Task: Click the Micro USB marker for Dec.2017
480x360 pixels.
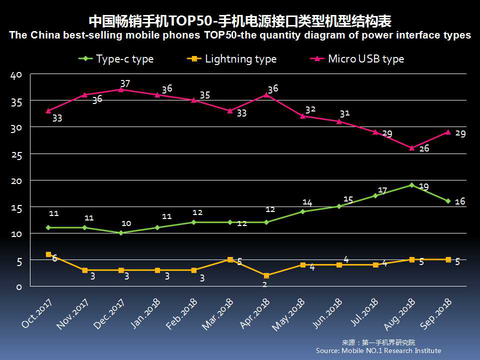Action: [x=121, y=89]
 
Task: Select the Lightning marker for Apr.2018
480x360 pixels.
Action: [x=266, y=275]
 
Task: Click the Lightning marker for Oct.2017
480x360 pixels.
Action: [x=48, y=254]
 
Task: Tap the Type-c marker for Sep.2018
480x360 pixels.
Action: [x=448, y=201]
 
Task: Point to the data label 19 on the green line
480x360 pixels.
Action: [x=423, y=186]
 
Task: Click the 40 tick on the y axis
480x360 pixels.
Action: [x=16, y=75]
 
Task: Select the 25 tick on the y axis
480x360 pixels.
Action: [x=16, y=155]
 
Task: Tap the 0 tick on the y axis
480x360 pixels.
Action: [x=19, y=287]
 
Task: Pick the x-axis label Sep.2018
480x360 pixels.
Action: [x=436, y=313]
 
